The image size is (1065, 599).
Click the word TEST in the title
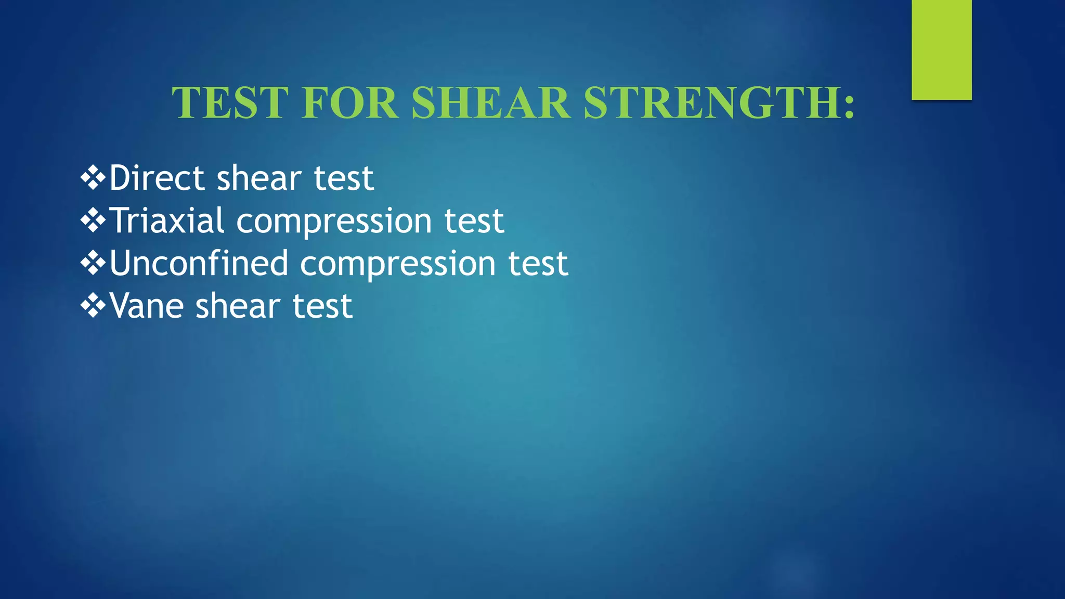(x=230, y=102)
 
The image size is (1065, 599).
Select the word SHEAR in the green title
(x=490, y=102)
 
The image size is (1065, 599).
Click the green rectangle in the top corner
(x=941, y=49)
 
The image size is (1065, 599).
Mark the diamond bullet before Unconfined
(x=93, y=264)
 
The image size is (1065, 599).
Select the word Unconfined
(x=199, y=264)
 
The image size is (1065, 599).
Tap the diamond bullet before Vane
(x=93, y=306)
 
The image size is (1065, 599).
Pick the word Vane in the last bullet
(x=146, y=306)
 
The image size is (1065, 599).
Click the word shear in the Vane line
(x=238, y=306)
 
